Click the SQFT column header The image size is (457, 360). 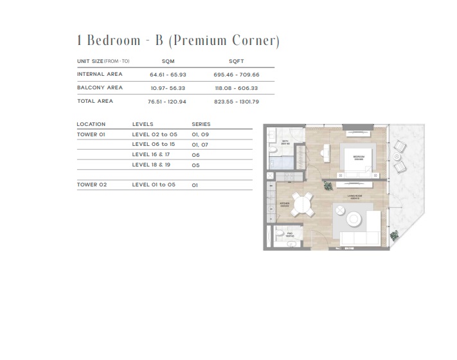235,61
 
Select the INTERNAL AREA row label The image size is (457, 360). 100,74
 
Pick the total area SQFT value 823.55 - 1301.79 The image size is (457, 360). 235,101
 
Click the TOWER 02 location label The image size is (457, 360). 91,184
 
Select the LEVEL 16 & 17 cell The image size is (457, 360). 151,155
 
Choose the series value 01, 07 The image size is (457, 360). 199,145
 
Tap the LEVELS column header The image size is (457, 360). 143,124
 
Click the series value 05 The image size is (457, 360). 195,165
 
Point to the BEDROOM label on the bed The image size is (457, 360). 358,156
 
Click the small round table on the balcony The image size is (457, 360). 397,156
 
